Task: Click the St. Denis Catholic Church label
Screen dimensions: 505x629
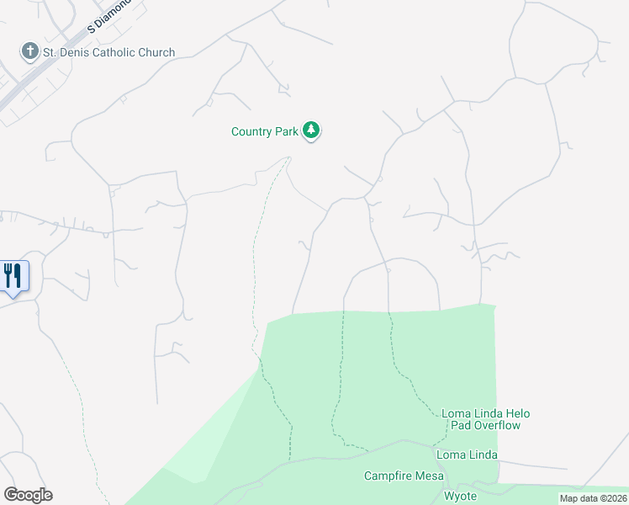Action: (x=109, y=52)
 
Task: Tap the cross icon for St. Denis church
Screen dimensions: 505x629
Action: (x=30, y=51)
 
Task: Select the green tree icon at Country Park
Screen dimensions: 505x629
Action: (x=312, y=130)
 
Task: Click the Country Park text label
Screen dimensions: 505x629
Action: (x=264, y=131)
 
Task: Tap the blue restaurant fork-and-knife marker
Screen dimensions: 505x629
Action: (x=13, y=275)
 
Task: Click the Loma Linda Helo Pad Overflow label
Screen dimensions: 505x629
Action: (x=486, y=419)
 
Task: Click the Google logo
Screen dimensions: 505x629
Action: (x=28, y=495)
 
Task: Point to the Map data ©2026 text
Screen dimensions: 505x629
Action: (x=594, y=498)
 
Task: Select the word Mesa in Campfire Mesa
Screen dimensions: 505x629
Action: (x=427, y=476)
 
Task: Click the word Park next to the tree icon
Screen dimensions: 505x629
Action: (x=286, y=131)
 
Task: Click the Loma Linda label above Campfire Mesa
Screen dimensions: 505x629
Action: (x=467, y=455)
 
